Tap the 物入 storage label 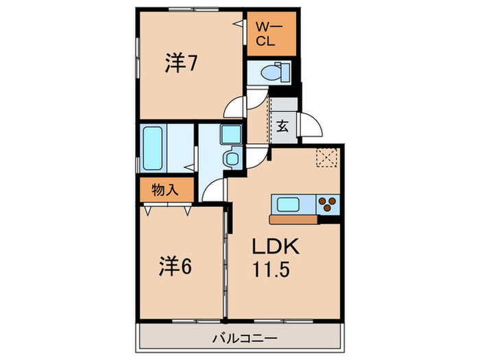click(x=165, y=189)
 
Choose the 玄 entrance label click(x=283, y=126)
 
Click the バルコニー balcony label click(x=244, y=338)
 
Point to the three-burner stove click(x=328, y=204)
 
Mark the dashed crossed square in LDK click(x=327, y=158)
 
